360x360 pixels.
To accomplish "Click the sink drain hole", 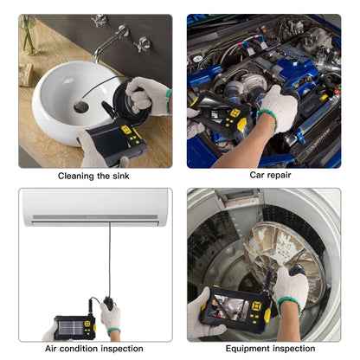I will pos(80,106).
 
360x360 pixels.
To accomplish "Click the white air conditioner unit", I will pos(95,208).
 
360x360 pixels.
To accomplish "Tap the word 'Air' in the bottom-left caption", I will pos(54,348).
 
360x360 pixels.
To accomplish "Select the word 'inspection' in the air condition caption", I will pos(121,348).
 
